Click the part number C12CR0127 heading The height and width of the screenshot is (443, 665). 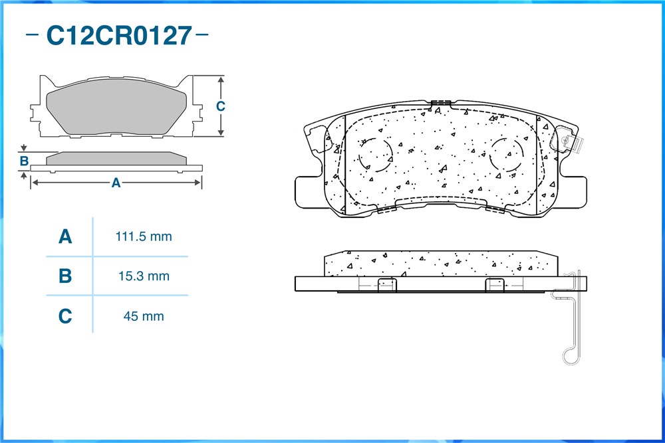(x=119, y=36)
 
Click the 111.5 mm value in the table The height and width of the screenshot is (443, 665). (x=144, y=236)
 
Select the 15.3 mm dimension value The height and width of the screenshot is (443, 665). (x=144, y=276)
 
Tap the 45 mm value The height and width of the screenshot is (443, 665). (x=144, y=316)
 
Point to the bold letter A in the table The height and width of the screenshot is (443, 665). (x=65, y=236)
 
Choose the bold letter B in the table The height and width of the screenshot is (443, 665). (x=65, y=276)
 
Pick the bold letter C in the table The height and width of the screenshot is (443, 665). (x=65, y=316)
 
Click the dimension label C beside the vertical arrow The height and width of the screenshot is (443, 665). (x=221, y=106)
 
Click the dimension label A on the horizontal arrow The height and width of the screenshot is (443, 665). (x=116, y=183)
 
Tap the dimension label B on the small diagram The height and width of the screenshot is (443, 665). (x=24, y=161)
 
